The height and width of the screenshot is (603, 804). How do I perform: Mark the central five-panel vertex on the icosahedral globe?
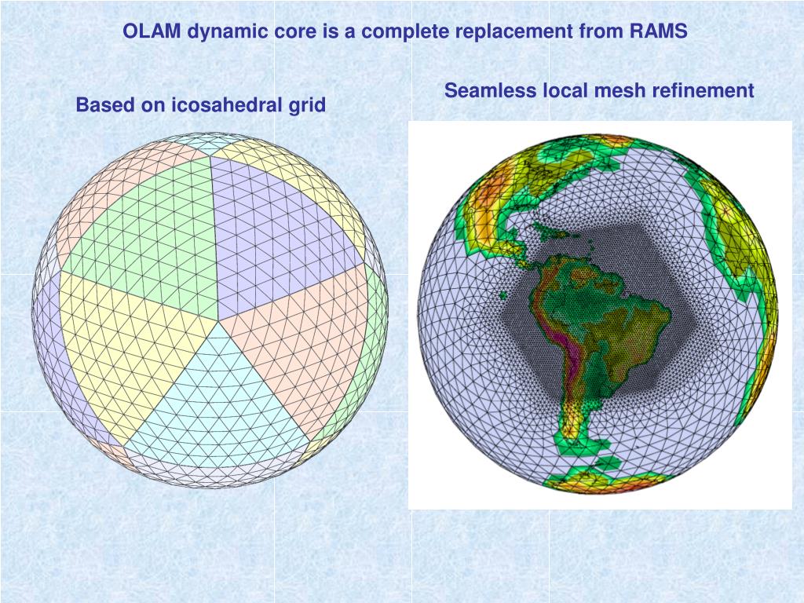(219, 320)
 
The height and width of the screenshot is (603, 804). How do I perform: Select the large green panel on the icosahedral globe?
(141, 228)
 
